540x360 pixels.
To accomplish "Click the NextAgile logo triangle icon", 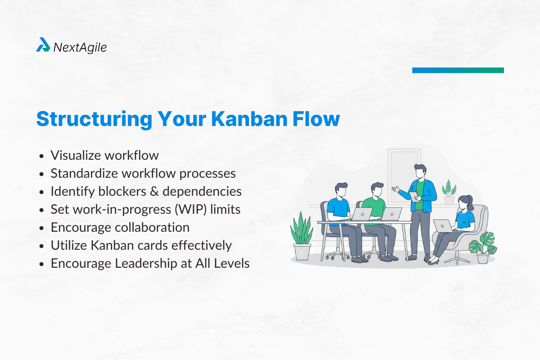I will pyautogui.click(x=43, y=45).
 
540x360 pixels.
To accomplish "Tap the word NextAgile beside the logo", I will pyautogui.click(x=80, y=47).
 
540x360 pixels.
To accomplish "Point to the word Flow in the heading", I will pyautogui.click(x=317, y=119).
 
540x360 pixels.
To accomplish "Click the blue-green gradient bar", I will pyautogui.click(x=458, y=70).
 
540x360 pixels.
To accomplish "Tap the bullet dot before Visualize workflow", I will pyautogui.click(x=42, y=156).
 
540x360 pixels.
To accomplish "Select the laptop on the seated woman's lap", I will pyautogui.click(x=443, y=225).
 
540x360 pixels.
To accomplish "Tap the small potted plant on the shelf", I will pyautogui.click(x=449, y=192).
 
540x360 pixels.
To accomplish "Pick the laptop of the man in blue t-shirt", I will pyautogui.click(x=362, y=214).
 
